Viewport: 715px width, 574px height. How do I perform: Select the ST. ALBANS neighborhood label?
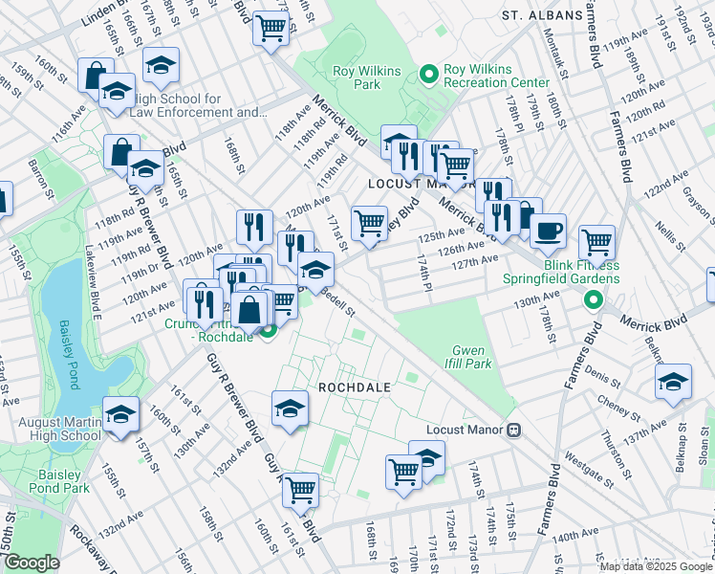coord(541,16)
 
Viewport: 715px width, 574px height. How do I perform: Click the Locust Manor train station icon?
coord(513,430)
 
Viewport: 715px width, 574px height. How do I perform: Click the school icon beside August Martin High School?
coord(121,415)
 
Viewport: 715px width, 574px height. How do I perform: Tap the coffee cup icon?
coord(549,231)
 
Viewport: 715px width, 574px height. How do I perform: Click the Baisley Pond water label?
coord(66,355)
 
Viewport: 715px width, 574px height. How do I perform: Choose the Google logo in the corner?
coord(32,563)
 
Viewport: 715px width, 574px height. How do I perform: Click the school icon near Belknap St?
coord(674,381)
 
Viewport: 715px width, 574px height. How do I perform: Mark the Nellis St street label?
coord(664,234)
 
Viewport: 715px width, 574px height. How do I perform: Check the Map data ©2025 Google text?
coord(655,565)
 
